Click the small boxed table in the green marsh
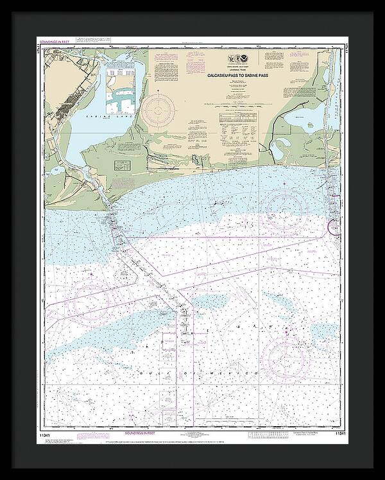(x=121, y=166)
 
